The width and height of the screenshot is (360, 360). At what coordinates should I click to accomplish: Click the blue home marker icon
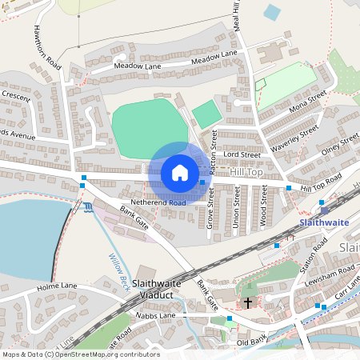click(x=180, y=173)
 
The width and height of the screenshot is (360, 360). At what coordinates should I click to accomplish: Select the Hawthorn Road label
click(x=46, y=46)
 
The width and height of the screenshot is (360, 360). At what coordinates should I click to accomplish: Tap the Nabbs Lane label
click(x=156, y=316)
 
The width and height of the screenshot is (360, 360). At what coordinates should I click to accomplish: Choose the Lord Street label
click(x=242, y=154)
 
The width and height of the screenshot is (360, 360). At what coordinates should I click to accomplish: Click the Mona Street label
click(x=309, y=102)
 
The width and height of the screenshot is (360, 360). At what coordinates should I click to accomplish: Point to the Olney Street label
click(x=338, y=144)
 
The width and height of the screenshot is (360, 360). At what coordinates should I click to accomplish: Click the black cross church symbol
click(x=248, y=302)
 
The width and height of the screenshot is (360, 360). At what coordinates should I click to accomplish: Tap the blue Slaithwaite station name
click(x=323, y=222)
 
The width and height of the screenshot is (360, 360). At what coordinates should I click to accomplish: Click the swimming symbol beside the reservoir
click(x=87, y=208)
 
